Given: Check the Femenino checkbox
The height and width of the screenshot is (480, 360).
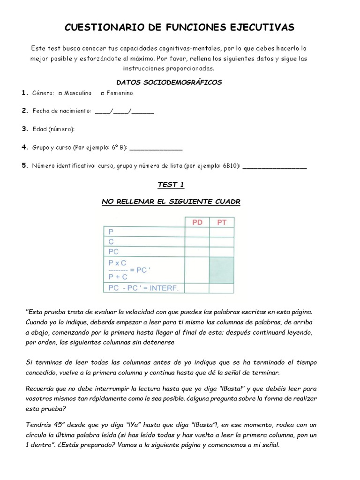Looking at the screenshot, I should point(103,93).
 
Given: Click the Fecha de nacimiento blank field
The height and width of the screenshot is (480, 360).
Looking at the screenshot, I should point(124,112).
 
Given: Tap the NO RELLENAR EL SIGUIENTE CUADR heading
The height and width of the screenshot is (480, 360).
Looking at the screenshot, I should point(172,202).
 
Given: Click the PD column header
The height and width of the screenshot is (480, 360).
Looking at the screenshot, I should point(197,222).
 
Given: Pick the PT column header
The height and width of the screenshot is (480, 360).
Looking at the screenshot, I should point(222,222).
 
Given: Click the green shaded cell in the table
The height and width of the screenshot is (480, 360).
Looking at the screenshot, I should point(222,270).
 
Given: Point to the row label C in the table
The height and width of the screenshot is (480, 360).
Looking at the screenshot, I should point(112,241).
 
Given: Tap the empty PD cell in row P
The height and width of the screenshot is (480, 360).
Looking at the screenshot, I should point(197,232).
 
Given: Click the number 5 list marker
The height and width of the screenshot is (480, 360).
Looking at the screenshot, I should point(25,166).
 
